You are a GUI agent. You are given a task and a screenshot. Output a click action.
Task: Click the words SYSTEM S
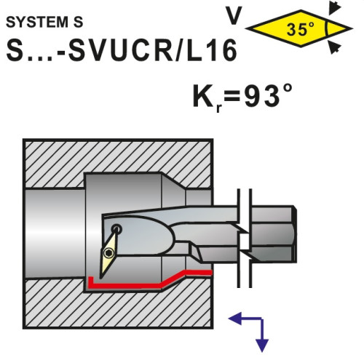[44, 22]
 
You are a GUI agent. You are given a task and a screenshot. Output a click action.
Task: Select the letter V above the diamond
[234, 15]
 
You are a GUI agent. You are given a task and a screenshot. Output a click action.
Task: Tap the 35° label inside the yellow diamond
[300, 29]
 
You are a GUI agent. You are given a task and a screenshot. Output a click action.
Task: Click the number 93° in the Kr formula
[268, 95]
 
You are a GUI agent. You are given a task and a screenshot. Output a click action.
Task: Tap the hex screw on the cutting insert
[108, 253]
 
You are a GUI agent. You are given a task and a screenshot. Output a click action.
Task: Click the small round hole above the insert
[117, 228]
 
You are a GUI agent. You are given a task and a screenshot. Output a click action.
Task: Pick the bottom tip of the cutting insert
[101, 279]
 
